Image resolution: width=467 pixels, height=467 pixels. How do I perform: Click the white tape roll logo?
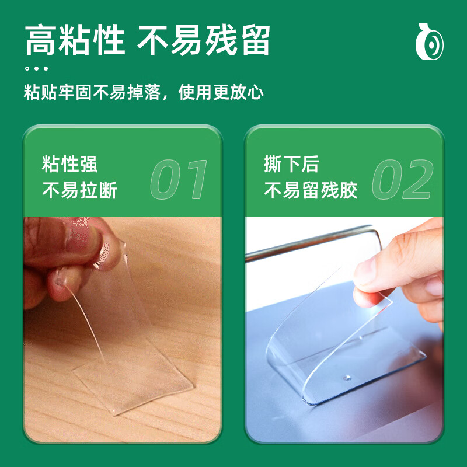click(429, 42)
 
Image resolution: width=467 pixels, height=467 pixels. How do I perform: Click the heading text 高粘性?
click(75, 40)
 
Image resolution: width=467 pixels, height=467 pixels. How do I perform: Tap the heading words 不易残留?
click(204, 40)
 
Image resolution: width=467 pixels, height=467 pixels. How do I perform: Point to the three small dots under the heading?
click(36, 68)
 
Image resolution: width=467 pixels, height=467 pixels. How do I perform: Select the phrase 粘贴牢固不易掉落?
click(92, 92)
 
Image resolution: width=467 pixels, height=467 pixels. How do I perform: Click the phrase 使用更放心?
click(221, 92)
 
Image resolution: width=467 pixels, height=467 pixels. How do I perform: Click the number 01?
click(179, 179)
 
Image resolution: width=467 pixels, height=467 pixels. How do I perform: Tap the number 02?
click(403, 179)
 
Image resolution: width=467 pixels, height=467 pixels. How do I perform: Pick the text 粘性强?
click(69, 164)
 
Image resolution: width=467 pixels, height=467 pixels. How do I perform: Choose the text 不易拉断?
click(79, 190)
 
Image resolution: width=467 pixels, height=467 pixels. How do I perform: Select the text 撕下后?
click(291, 164)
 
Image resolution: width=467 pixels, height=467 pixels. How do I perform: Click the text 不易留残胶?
click(311, 190)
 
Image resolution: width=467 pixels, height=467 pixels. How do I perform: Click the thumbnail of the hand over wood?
click(123, 329)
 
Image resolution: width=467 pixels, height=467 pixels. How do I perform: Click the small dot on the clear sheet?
click(347, 378)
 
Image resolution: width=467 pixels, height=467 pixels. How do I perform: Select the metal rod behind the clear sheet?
click(313, 241)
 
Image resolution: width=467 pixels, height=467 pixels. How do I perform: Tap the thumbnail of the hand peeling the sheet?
click(344, 329)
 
